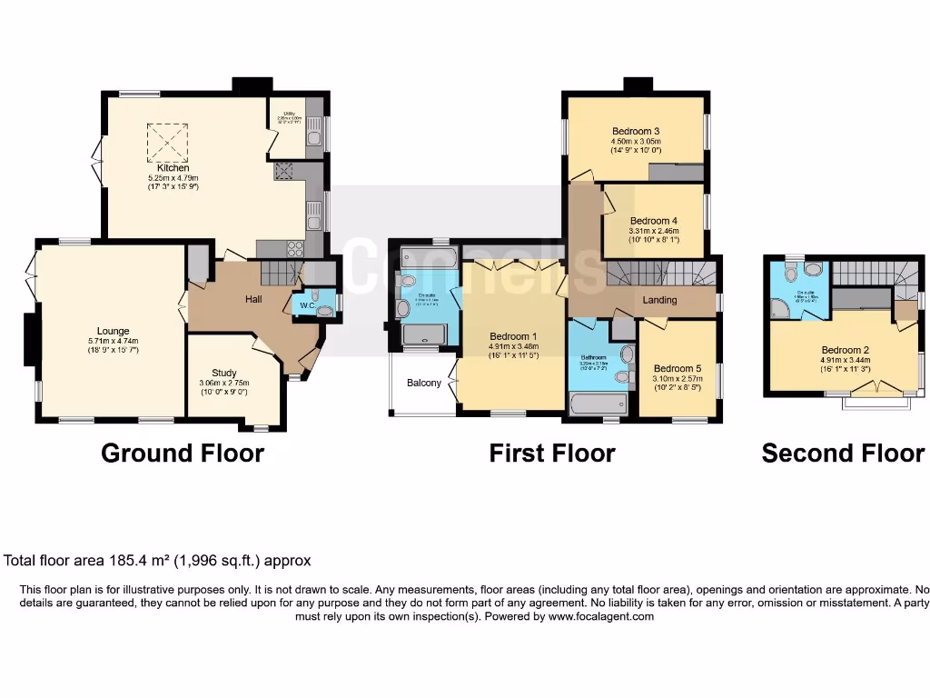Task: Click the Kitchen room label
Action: pyautogui.click(x=173, y=167)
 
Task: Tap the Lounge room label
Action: pyautogui.click(x=114, y=331)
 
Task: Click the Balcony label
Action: pyautogui.click(x=423, y=383)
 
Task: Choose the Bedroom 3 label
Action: pyautogui.click(x=636, y=131)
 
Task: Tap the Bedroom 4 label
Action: pyautogui.click(x=654, y=221)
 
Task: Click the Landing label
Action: pyautogui.click(x=660, y=300)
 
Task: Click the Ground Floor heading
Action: pyautogui.click(x=183, y=453)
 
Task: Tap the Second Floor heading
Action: pyautogui.click(x=843, y=453)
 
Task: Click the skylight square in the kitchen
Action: pyautogui.click(x=167, y=142)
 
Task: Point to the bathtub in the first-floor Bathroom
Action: pyautogui.click(x=598, y=404)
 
